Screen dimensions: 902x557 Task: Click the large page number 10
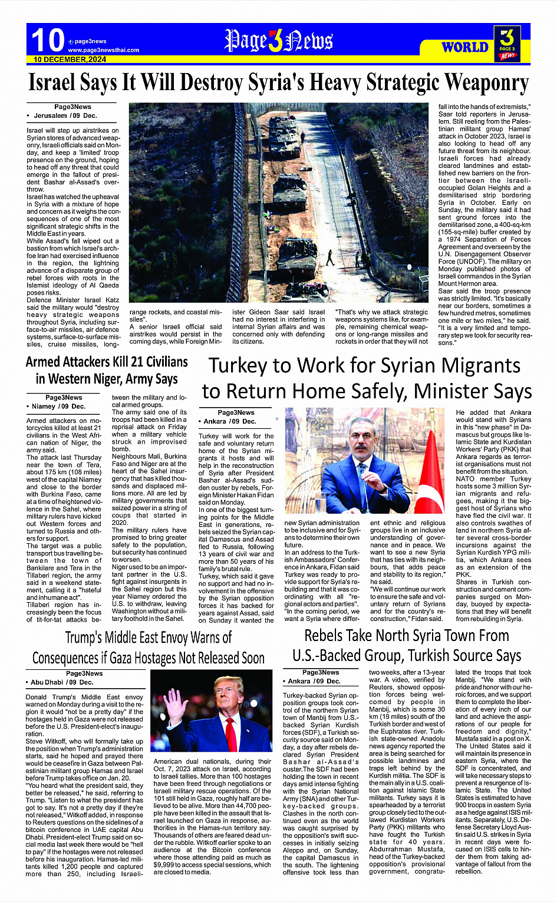(47, 40)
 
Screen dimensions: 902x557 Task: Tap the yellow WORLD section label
(464, 47)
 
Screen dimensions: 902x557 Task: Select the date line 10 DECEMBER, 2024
(70, 60)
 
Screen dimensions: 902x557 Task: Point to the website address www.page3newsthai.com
(104, 50)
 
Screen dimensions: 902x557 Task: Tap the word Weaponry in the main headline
(486, 83)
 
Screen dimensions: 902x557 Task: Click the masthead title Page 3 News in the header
(278, 41)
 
